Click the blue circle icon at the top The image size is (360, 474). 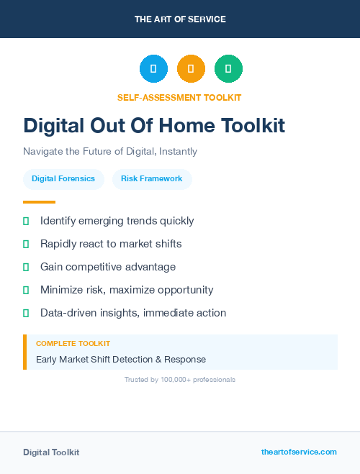pos(153,69)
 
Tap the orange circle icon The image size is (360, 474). pos(191,69)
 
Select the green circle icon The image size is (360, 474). pos(228,69)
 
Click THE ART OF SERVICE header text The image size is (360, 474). pos(180,19)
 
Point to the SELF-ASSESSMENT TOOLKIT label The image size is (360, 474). pos(179,97)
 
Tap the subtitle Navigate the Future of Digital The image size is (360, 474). pos(110,152)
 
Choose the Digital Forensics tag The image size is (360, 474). pos(63,178)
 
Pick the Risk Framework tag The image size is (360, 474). pos(152,178)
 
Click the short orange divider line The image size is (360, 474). pos(39,202)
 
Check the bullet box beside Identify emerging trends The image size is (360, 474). pos(26,221)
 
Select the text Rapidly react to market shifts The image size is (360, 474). pos(111,244)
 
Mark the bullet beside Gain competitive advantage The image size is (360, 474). pos(26,267)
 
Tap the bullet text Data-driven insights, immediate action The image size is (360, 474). pos(133,313)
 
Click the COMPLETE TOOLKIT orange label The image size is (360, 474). pos(73,344)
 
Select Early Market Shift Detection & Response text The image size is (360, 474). pos(121,359)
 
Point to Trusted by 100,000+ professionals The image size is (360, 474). pos(180,379)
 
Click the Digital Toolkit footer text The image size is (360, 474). pos(51,452)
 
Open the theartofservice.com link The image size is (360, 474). pos(299,452)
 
